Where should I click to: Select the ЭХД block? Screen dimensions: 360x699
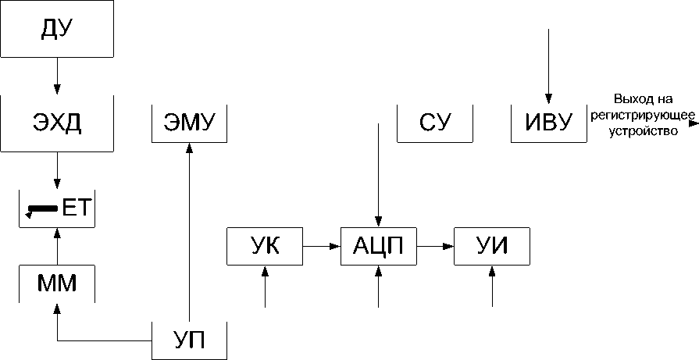pyautogui.click(x=57, y=123)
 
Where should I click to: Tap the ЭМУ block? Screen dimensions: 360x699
pyautogui.click(x=189, y=123)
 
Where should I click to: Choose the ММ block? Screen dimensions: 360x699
pyautogui.click(x=57, y=283)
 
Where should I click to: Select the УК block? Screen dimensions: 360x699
pyautogui.click(x=265, y=246)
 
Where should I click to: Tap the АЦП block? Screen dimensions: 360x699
pyautogui.click(x=378, y=246)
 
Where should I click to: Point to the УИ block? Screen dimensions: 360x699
pyautogui.click(x=492, y=246)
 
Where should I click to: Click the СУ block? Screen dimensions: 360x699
pyautogui.click(x=435, y=123)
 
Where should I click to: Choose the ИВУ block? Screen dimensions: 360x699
pyautogui.click(x=548, y=123)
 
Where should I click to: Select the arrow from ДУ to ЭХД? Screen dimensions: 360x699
pyautogui.click(x=57, y=78)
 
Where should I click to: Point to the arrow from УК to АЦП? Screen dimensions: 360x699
pyautogui.click(x=322, y=246)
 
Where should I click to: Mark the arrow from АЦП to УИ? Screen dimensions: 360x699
pyautogui.click(x=435, y=246)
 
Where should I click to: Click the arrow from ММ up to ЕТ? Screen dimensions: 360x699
pyautogui.click(x=57, y=245)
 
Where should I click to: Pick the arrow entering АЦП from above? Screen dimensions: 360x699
pyautogui.click(x=378, y=172)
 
